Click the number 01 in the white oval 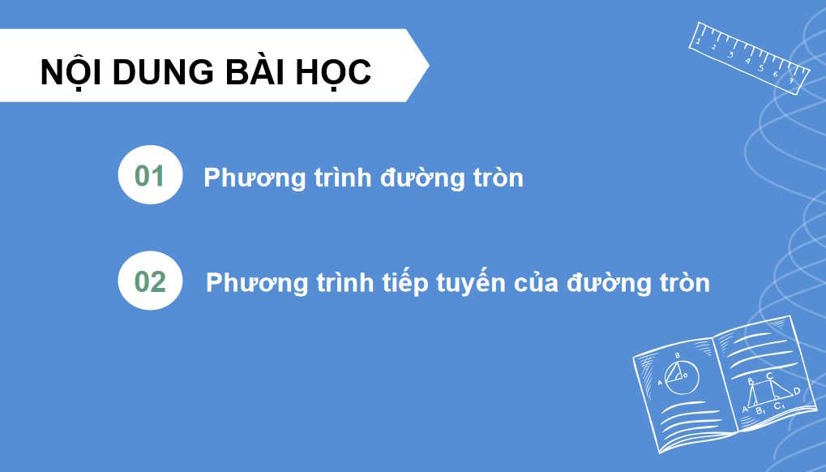point(150,176)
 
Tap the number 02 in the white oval point(150,281)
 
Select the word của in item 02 point(539,283)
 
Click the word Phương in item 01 point(254,178)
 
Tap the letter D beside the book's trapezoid point(797,391)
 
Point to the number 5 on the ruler point(761,67)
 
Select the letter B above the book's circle point(677,355)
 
